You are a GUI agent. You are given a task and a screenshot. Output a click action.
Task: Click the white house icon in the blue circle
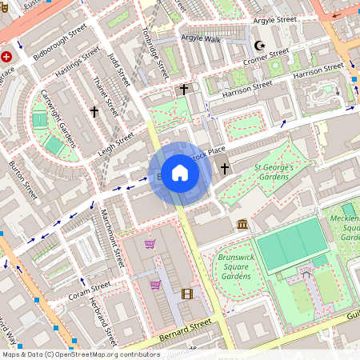(180, 173)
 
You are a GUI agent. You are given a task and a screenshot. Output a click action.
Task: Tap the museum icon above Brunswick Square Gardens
(242, 224)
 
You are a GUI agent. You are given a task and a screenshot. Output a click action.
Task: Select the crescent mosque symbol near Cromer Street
(258, 46)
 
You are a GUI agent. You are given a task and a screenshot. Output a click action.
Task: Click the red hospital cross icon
(7, 57)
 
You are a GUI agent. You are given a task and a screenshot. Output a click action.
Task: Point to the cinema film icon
(186, 294)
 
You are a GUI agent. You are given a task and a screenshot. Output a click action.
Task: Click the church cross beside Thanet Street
(94, 112)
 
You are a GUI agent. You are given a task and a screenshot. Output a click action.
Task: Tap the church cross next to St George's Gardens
(225, 169)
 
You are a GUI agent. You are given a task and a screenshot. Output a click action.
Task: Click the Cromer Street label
(267, 57)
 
